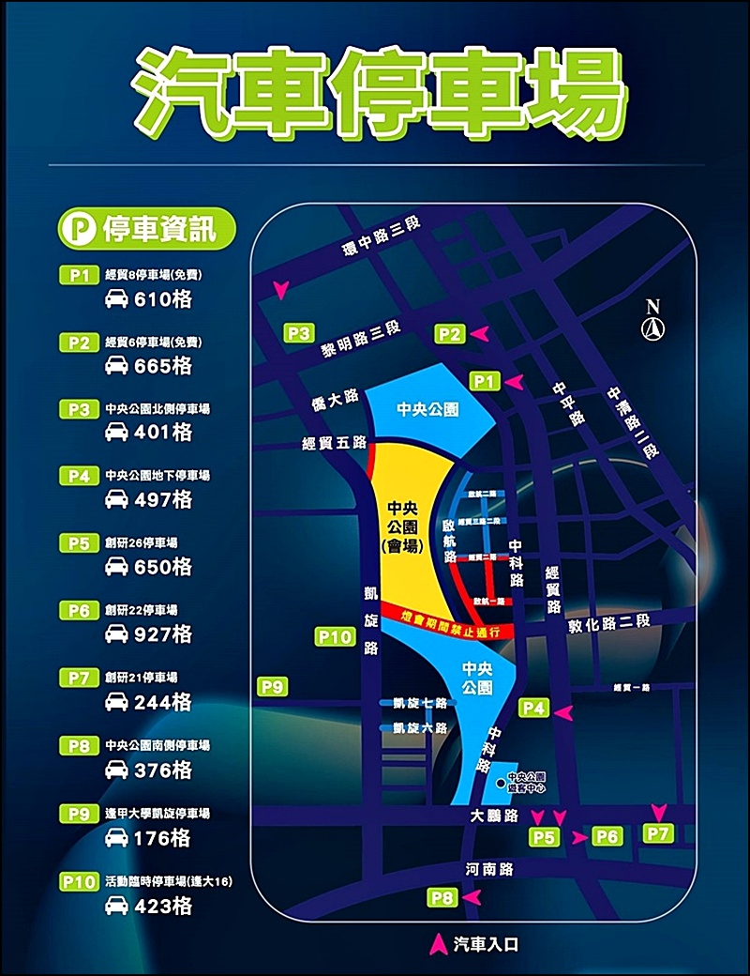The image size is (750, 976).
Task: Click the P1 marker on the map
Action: (484, 380)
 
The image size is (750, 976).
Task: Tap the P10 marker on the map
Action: (334, 638)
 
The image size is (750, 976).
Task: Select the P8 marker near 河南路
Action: (443, 898)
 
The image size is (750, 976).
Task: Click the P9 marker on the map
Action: (272, 687)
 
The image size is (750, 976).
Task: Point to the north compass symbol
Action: (652, 320)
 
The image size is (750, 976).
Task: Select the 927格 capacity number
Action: (163, 634)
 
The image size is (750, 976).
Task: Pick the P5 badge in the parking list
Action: (79, 542)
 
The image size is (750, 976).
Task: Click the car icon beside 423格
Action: (116, 907)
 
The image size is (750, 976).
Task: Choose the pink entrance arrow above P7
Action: (660, 811)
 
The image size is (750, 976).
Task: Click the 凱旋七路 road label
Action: (422, 703)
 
